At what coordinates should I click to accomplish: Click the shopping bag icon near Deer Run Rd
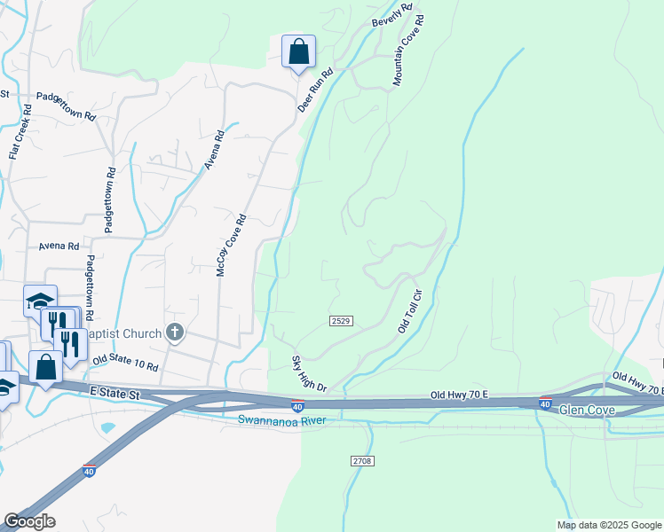tap(298, 51)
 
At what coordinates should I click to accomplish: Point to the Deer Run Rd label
tap(314, 90)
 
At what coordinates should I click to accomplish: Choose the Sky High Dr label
tap(310, 375)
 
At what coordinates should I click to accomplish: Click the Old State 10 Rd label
tap(125, 362)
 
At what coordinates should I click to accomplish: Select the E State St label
tap(115, 391)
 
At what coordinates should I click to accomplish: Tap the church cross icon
tap(176, 332)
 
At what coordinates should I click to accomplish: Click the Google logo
tap(29, 521)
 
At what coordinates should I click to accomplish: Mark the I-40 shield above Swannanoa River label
tap(299, 405)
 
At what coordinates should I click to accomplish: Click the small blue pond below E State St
tap(108, 427)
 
